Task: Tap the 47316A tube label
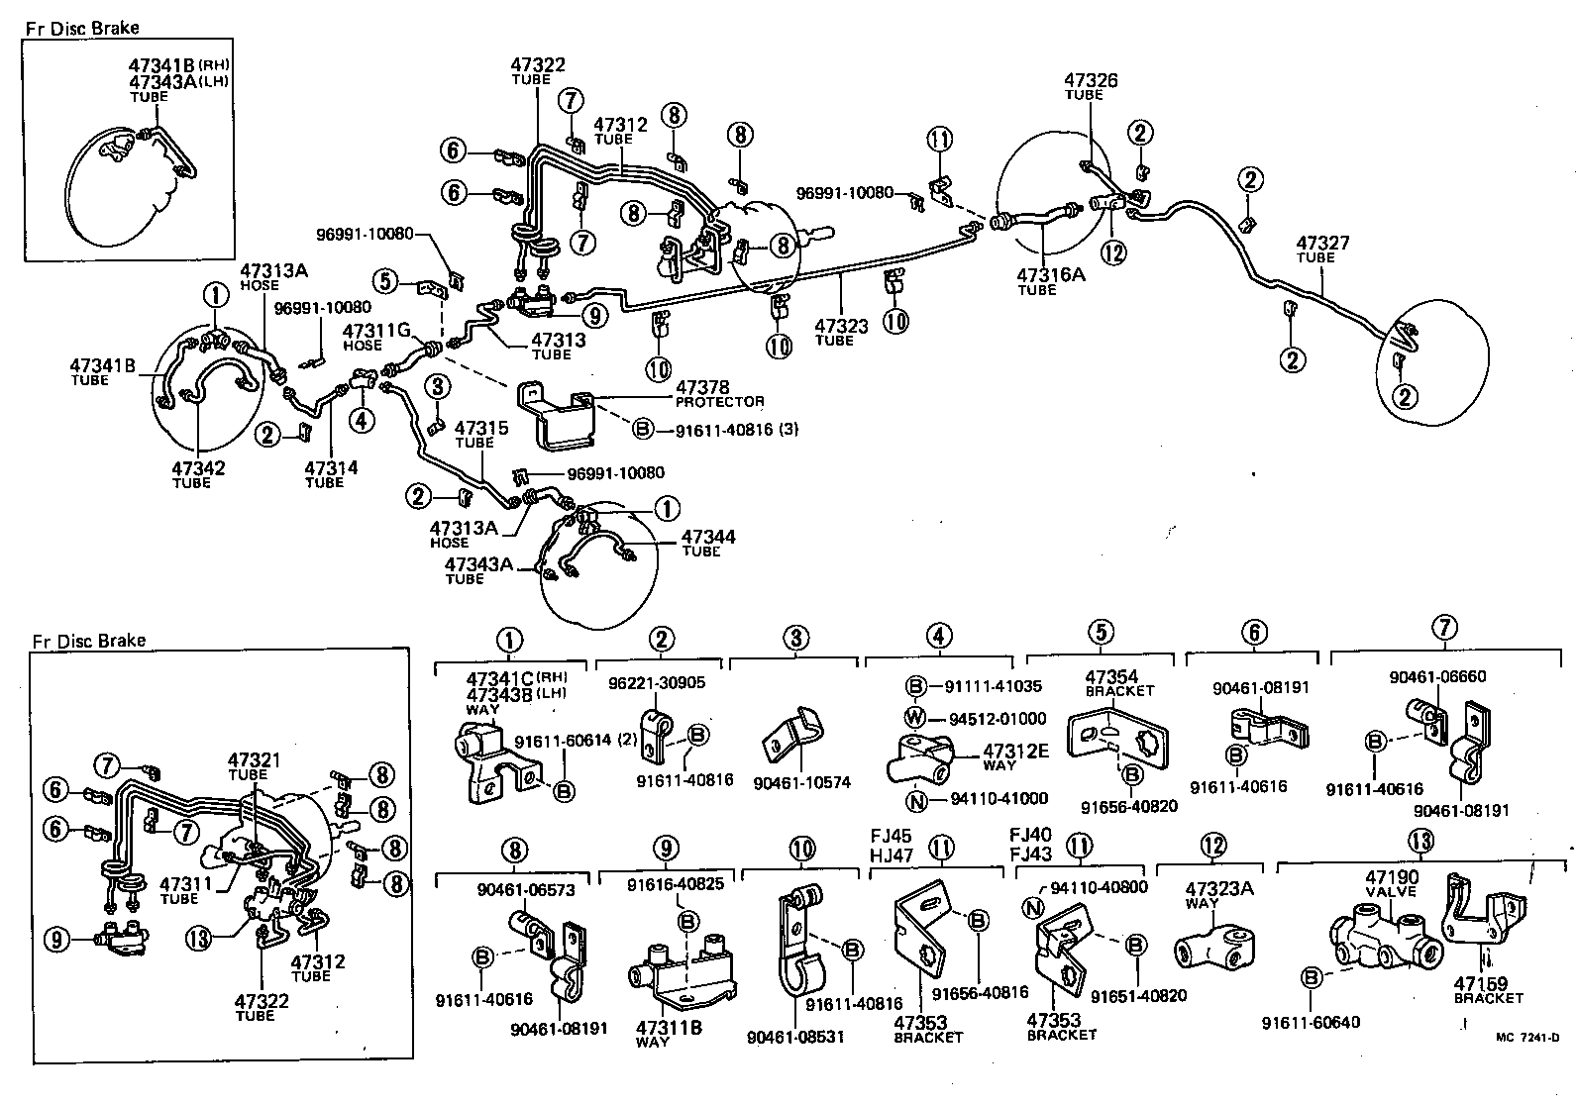click(x=1052, y=274)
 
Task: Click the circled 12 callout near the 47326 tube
click(x=1113, y=252)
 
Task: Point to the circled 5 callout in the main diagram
click(x=386, y=280)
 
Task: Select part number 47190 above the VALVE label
click(x=1391, y=877)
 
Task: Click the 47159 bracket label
click(x=1480, y=983)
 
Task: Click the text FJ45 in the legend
click(x=890, y=836)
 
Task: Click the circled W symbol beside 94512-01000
click(x=917, y=718)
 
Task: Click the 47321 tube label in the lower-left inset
click(x=254, y=759)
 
